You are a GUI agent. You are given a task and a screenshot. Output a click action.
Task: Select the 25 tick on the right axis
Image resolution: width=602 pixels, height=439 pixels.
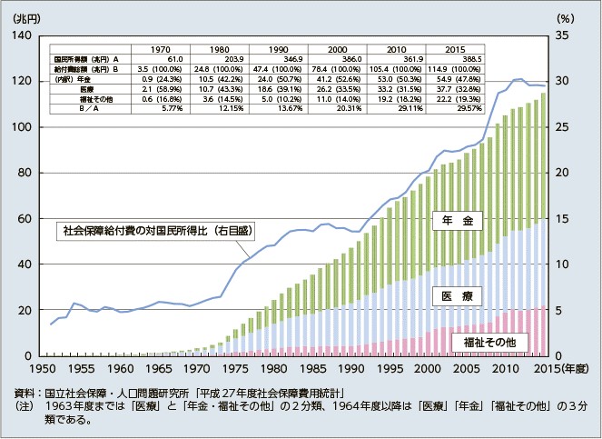562,127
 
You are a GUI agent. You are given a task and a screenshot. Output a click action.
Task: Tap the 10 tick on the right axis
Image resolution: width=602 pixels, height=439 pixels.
562,264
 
